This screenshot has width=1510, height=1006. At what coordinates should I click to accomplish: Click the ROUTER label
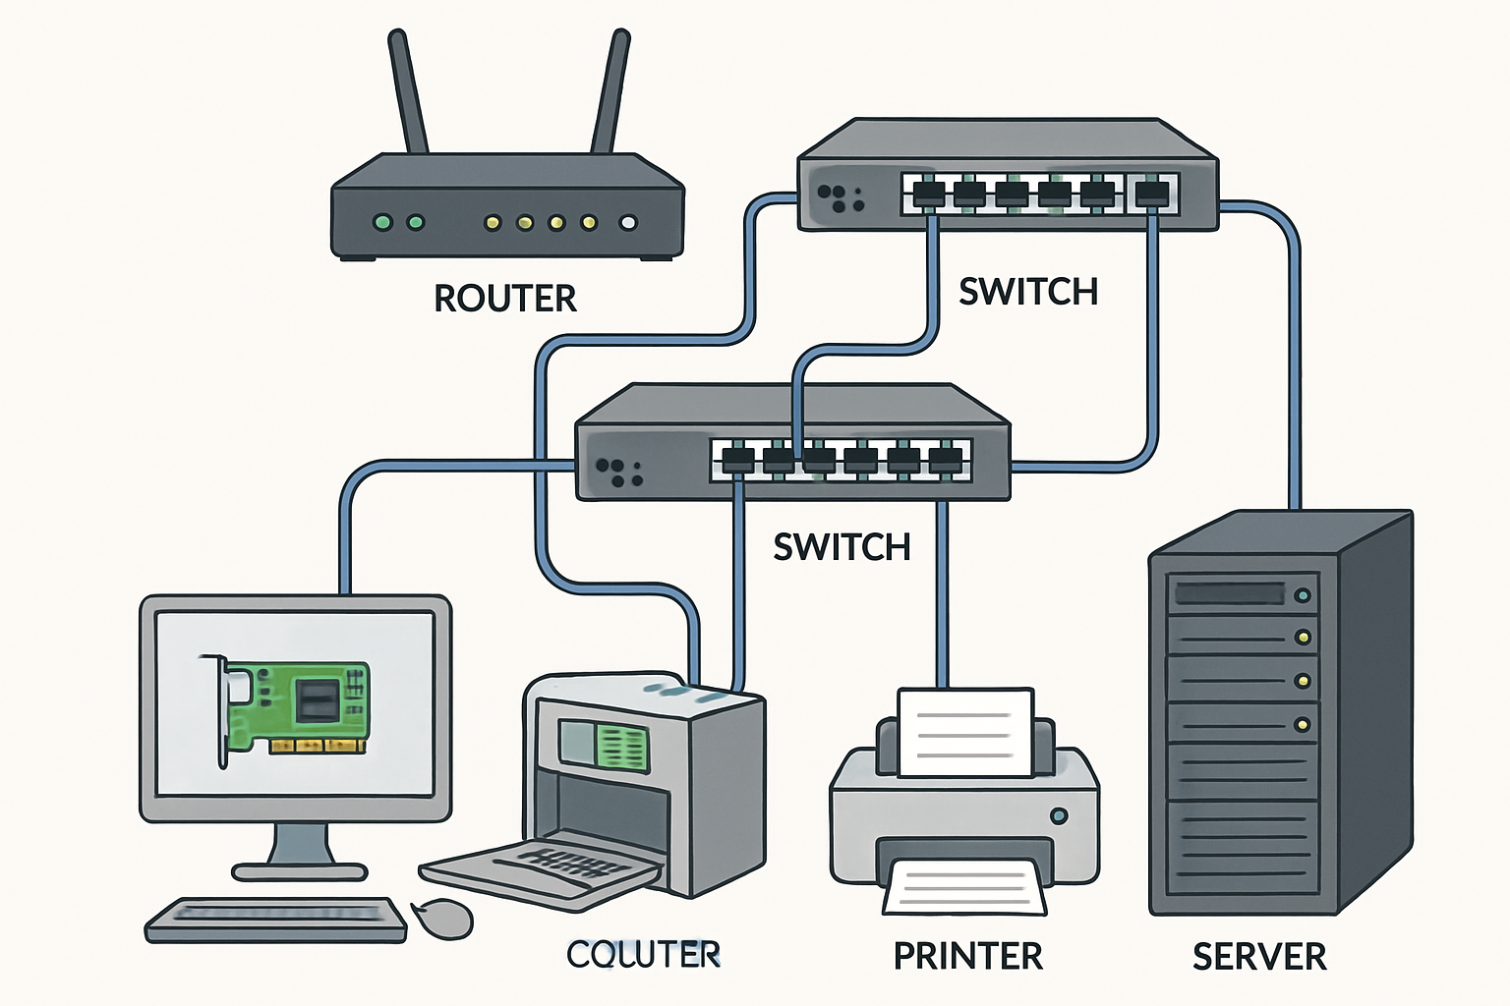point(504,299)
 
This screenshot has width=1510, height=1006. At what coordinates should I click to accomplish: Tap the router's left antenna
point(408,93)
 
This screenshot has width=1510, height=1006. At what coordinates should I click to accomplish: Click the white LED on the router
point(627,223)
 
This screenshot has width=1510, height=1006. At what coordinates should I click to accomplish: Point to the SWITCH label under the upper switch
point(1027,292)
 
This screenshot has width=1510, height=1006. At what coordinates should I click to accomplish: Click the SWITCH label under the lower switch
point(842,547)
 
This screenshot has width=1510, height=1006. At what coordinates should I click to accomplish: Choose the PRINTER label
point(967,956)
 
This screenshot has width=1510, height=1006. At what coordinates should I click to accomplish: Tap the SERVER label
point(1259,956)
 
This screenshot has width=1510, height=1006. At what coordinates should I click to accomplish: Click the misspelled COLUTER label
point(643,954)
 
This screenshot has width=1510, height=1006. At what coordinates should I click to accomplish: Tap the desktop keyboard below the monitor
point(275,920)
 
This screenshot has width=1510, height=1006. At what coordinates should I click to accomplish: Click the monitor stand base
point(300,871)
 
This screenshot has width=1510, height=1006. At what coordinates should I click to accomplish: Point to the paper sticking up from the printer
point(965,731)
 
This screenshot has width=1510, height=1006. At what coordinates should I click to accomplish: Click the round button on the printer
point(1059,815)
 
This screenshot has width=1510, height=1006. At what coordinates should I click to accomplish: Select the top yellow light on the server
point(1303,638)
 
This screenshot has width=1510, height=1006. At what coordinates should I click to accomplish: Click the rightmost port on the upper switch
point(1152,193)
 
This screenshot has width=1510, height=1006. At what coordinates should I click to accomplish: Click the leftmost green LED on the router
point(382,223)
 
